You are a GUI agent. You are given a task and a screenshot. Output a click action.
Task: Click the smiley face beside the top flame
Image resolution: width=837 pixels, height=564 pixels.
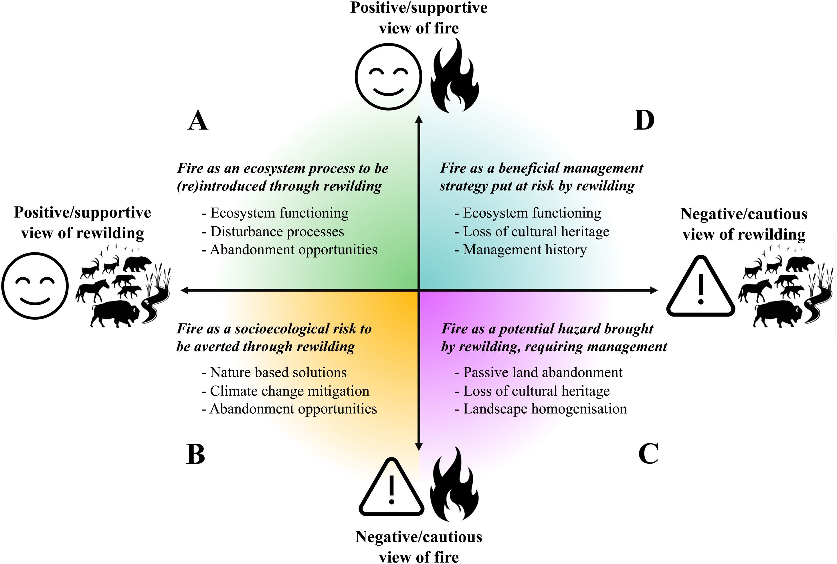[x=388, y=76]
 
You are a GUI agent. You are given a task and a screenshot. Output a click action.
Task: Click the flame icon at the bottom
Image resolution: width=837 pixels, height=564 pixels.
[x=454, y=485]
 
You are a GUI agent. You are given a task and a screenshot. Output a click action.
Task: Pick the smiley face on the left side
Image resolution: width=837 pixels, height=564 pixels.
[x=35, y=286]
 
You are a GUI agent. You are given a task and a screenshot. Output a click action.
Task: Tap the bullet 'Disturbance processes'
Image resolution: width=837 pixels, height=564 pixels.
[x=273, y=232]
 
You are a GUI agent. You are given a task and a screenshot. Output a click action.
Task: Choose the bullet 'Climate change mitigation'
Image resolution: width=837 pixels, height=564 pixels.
[x=286, y=391]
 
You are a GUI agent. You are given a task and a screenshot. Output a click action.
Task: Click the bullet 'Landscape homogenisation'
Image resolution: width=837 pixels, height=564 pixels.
[x=541, y=409]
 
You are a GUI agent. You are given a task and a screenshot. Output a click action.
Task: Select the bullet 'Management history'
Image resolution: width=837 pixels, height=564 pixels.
[x=521, y=249]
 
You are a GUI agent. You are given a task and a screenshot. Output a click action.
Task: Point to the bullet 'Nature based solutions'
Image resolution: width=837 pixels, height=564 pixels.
[x=274, y=372]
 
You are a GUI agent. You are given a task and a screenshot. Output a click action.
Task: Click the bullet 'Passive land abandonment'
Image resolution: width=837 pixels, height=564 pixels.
[x=539, y=372]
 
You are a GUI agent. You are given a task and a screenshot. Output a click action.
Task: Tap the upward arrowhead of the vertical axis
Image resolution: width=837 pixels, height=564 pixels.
[x=418, y=119]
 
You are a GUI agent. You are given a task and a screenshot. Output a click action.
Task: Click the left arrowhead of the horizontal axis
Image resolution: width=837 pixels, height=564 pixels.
[x=184, y=290]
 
